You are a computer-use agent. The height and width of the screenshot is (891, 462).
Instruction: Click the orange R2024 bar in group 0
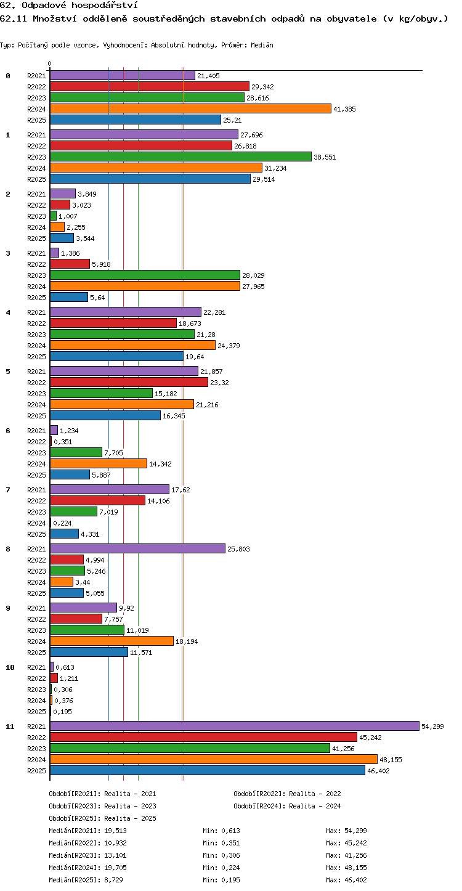pos(190,108)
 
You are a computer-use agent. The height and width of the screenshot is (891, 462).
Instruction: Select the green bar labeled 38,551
pos(180,157)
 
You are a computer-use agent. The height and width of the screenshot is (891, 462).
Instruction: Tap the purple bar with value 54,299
pos(235,726)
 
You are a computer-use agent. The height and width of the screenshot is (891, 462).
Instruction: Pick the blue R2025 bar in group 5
pos(105,415)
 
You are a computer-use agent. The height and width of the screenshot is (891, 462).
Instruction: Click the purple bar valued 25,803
pos(137,548)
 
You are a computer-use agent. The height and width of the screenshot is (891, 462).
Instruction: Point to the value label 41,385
pos(344,109)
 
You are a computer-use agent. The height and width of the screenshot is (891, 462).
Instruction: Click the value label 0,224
pos(62,523)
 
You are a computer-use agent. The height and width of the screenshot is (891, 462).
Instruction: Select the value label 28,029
pos(253,275)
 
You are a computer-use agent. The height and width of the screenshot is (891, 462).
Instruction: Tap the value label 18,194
pos(187,641)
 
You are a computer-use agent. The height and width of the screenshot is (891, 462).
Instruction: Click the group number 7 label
pos(8,490)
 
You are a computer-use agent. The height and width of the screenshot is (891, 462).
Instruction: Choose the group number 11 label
pos(10,726)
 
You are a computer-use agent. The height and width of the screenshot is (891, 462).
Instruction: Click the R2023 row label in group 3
pos(36,275)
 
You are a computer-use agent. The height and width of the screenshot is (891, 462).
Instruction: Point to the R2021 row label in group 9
pos(36,608)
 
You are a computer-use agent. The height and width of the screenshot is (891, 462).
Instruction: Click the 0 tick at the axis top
pos(50,63)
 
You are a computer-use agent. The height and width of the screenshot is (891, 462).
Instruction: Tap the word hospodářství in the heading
pos(105,5)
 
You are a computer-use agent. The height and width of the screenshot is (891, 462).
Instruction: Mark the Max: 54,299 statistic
pos(346,831)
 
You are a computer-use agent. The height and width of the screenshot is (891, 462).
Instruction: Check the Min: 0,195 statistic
pos(222,880)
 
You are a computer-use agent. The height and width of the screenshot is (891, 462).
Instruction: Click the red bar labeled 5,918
pos(70,264)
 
